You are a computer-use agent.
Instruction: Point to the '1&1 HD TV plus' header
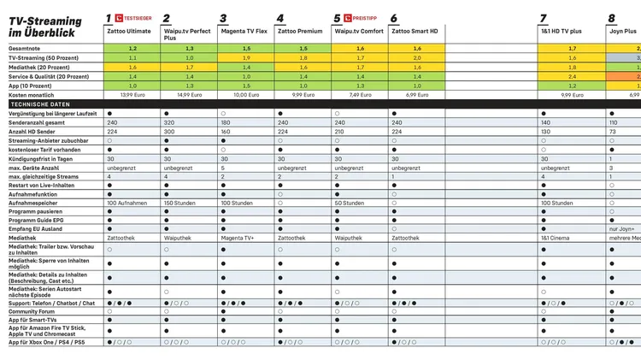click(x=561, y=31)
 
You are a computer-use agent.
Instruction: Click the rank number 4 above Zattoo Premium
click(x=280, y=18)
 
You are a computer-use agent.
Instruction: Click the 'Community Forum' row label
click(x=32, y=311)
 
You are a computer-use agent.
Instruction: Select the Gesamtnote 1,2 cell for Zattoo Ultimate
click(x=132, y=49)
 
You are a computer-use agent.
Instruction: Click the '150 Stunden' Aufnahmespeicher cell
click(x=179, y=203)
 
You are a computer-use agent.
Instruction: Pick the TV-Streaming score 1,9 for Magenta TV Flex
click(x=246, y=57)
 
